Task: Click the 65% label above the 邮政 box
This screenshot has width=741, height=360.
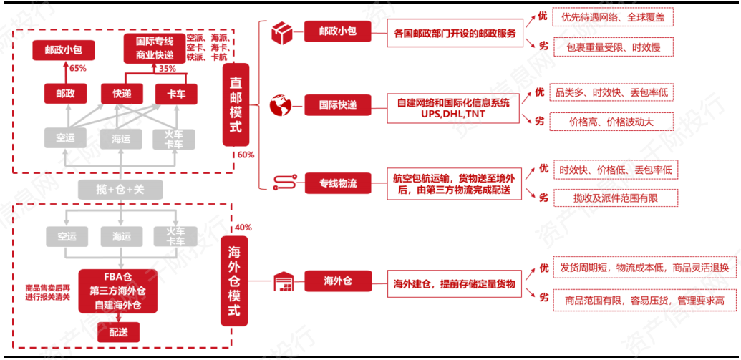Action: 77,69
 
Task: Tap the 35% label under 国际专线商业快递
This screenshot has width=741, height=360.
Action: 167,69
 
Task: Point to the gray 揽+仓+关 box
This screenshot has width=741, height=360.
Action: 120,190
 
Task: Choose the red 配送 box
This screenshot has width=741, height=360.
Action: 119,332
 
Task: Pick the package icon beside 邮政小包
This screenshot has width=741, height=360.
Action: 280,32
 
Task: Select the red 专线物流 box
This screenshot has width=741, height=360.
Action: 338,184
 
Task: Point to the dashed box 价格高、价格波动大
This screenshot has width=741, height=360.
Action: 611,122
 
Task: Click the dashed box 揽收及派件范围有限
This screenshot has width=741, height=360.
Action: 615,198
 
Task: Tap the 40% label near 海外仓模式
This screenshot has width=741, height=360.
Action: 243,228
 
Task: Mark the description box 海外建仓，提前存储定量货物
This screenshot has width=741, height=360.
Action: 454,283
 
